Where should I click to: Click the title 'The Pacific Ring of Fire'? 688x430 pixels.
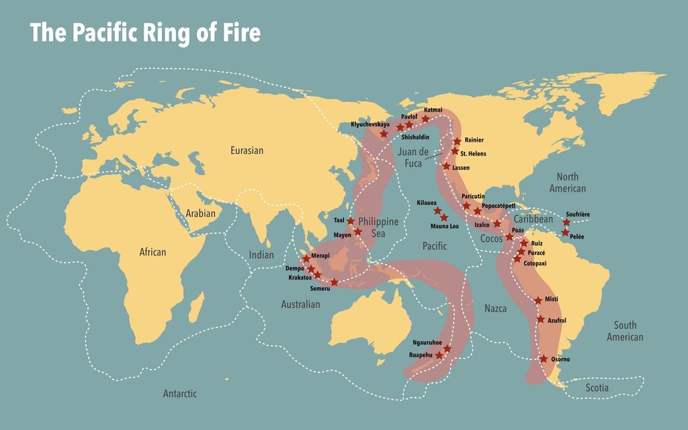point(144,33)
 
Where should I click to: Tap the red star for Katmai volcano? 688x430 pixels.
point(425,119)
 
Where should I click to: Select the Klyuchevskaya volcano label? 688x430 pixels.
point(370,124)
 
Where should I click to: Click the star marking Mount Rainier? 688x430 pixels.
point(458,141)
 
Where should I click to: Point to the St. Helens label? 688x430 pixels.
point(473,154)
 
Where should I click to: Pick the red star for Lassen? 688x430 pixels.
point(447,166)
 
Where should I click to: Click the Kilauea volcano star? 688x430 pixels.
point(437,211)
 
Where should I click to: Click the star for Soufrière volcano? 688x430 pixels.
point(566,222)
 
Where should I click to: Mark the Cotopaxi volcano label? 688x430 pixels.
point(535,263)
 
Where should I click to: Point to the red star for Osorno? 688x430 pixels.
point(544,359)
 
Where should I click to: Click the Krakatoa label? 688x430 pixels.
point(300,277)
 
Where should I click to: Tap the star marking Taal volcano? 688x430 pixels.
point(351,220)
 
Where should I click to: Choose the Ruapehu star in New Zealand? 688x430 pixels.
point(439,355)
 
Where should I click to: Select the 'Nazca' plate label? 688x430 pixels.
point(496,308)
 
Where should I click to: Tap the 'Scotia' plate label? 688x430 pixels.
point(597,388)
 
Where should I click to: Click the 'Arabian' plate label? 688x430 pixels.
point(200,214)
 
